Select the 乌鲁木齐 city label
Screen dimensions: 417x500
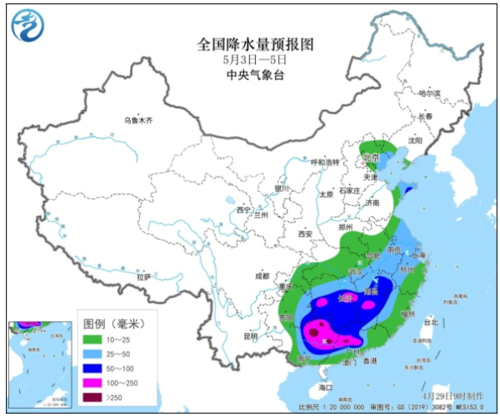[x=138, y=120]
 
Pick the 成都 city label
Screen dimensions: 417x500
[x=262, y=275]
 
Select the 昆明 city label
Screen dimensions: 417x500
[x=251, y=336]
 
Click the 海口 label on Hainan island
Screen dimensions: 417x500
[x=326, y=388]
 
